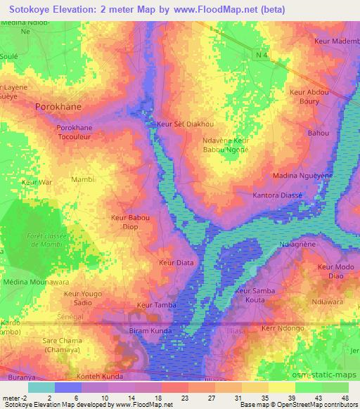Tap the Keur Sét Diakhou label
click(x=186, y=124)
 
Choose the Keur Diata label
click(x=176, y=263)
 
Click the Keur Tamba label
click(x=155, y=305)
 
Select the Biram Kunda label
click(x=153, y=330)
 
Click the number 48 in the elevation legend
click(x=345, y=398)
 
